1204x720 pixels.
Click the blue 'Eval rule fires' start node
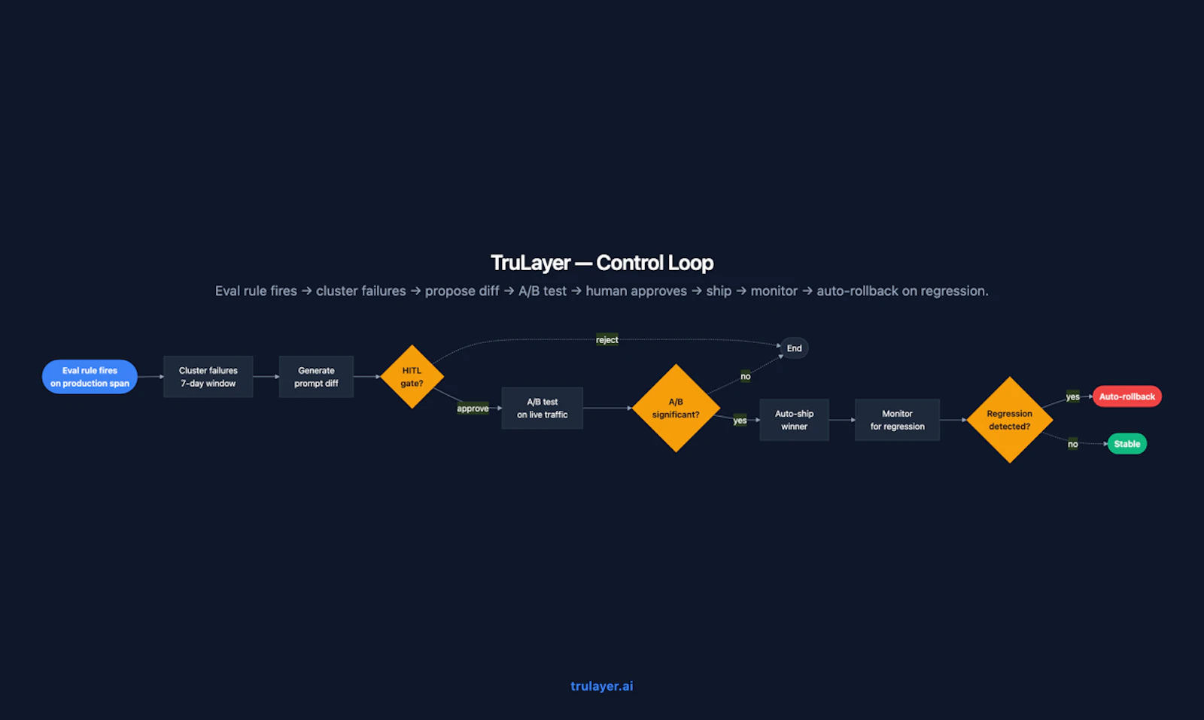coord(90,377)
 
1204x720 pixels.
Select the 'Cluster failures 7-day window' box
coord(208,377)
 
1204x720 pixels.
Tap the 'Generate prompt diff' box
coord(316,377)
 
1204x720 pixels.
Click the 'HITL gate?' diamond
coord(412,377)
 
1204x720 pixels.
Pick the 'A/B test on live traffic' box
coord(542,409)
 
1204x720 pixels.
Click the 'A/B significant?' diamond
coord(676,409)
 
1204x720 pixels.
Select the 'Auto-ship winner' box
coord(794,420)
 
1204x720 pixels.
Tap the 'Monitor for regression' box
coord(897,420)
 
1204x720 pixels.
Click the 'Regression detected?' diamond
coord(1009,420)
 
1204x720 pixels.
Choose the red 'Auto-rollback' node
coord(1126,396)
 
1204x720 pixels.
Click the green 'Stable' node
coord(1127,444)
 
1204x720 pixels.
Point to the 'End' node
coord(794,348)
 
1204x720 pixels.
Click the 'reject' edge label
coord(607,339)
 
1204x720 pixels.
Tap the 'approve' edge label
coord(473,409)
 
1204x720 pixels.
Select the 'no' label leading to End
coord(745,376)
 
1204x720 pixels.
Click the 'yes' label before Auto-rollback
coord(1072,396)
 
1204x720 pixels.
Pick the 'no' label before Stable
coord(1072,444)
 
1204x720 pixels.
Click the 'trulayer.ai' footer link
coord(601,686)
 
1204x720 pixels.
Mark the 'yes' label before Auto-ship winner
coord(740,420)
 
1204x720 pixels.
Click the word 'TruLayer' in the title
coord(531,263)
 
